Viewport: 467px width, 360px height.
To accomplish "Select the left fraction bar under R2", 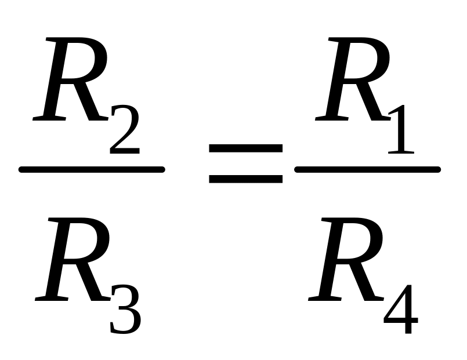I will (x=92, y=170).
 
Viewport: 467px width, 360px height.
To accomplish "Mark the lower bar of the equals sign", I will (x=245, y=179).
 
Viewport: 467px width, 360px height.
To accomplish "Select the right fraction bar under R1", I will (x=367, y=170).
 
